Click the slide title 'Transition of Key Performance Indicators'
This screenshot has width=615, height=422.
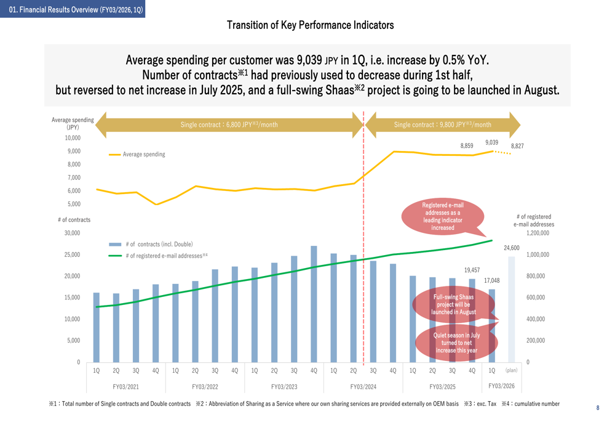pos(310,25)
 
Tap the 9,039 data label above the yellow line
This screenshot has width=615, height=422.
pos(491,142)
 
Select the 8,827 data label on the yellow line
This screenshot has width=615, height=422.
pos(517,146)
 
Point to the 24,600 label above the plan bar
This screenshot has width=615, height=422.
pos(512,248)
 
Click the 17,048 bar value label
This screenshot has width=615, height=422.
pos(492,280)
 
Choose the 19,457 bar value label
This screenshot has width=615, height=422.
pos(472,270)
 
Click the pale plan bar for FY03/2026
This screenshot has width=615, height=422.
pos(511,308)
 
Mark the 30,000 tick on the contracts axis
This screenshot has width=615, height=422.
pos(71,233)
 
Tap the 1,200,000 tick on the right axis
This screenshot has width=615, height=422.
pos(538,233)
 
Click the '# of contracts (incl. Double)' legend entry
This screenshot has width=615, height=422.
pos(159,245)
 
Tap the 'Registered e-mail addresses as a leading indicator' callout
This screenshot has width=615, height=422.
pos(443,216)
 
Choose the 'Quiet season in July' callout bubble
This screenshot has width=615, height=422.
pos(456,343)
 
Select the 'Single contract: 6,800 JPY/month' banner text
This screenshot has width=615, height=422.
pos(229,124)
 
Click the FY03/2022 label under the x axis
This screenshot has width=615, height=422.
pos(205,387)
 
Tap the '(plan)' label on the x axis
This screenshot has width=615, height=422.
pos(511,370)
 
